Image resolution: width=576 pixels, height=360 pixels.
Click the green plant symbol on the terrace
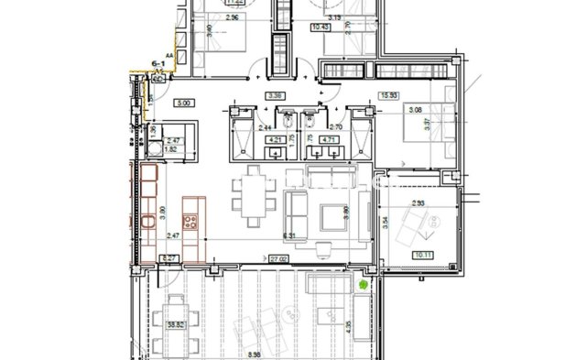click(x=364, y=285)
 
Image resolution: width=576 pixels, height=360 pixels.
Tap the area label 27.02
click(x=278, y=259)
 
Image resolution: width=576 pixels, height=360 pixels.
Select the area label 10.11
click(x=423, y=256)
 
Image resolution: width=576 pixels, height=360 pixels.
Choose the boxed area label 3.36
click(x=274, y=94)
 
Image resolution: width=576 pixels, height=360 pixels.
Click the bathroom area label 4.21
click(x=274, y=140)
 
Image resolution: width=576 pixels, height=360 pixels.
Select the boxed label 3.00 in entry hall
click(x=184, y=103)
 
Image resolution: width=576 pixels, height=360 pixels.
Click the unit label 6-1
click(x=157, y=63)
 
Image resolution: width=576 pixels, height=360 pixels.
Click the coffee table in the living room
click(x=330, y=217)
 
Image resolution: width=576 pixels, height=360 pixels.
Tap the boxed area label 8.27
click(x=168, y=259)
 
